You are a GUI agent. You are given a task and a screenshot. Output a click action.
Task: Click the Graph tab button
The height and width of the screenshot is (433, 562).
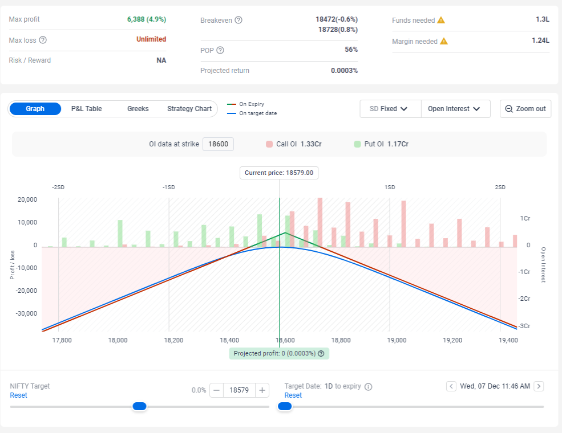(x=35, y=109)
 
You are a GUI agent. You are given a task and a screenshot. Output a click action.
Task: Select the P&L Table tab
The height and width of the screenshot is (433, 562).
(x=86, y=109)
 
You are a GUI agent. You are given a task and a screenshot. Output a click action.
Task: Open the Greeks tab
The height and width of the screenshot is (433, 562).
(x=138, y=109)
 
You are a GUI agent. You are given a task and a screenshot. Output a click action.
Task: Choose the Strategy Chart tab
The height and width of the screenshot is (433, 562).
(x=189, y=109)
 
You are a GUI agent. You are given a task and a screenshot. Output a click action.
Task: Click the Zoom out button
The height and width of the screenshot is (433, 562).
(x=525, y=109)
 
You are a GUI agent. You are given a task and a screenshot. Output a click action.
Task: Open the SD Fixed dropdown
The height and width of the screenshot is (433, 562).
(x=390, y=109)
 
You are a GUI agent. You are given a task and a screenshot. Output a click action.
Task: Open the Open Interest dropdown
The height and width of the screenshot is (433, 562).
(x=455, y=109)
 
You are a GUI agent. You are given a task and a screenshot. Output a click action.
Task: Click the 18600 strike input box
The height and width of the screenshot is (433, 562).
(x=219, y=144)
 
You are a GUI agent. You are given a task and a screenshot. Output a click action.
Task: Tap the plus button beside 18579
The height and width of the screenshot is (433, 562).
(x=262, y=390)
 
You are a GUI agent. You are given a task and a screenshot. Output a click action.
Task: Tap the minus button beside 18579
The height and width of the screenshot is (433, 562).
(x=216, y=390)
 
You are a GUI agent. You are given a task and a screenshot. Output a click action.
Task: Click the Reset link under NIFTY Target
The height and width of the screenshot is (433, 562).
(x=19, y=395)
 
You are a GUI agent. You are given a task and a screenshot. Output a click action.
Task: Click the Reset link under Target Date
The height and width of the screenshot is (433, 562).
(x=293, y=395)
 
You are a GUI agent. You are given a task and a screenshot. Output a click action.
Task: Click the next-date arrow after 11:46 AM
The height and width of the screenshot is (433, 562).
(x=539, y=386)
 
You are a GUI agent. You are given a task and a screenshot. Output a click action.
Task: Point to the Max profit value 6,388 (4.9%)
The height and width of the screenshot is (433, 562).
(x=147, y=19)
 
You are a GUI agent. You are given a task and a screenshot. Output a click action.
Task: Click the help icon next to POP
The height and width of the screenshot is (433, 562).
(x=220, y=51)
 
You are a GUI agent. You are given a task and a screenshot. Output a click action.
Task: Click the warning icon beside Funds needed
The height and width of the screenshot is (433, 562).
(x=441, y=21)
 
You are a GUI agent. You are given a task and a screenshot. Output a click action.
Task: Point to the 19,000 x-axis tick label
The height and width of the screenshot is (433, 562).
(x=397, y=340)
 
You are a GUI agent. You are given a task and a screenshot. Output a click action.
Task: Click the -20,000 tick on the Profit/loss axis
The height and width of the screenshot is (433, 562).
(x=26, y=291)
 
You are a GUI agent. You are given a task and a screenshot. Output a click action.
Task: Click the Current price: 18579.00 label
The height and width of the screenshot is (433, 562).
(x=279, y=173)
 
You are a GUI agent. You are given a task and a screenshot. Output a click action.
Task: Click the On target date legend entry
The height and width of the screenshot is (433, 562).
(x=252, y=113)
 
